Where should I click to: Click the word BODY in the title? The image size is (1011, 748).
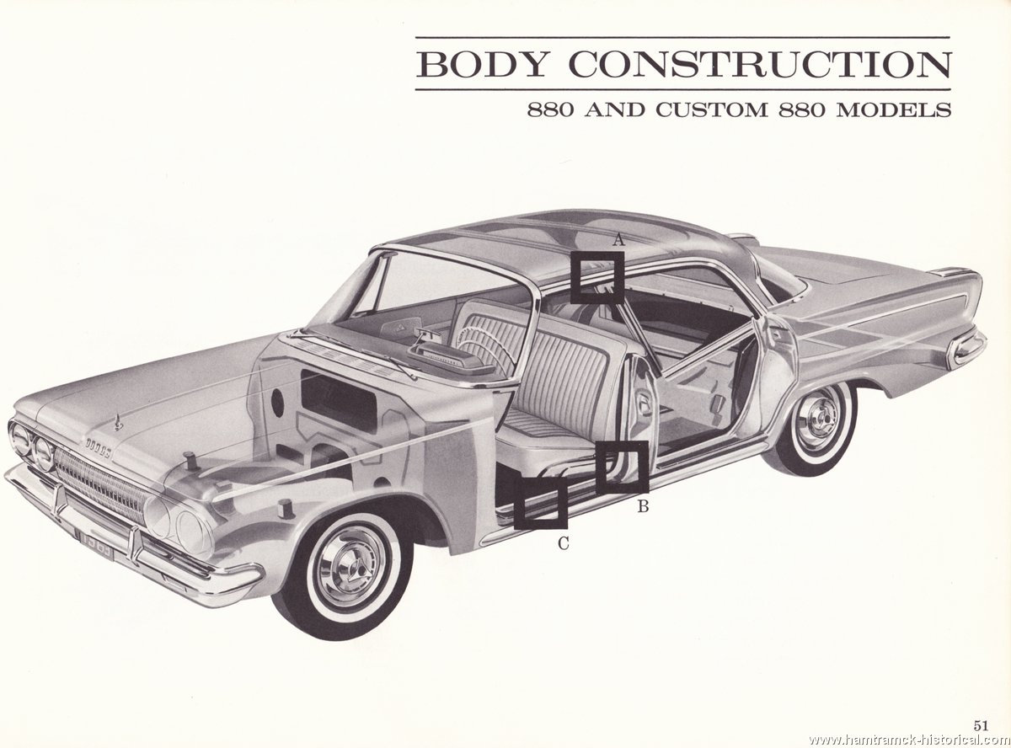pos(482,65)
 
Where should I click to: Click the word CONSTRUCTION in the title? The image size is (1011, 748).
pos(760,65)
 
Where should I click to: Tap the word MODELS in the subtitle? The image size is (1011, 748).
pos(894,110)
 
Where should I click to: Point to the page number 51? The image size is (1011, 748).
pos(981,713)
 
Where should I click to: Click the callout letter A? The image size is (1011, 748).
pos(618,239)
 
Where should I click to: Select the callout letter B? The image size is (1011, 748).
pos(643,506)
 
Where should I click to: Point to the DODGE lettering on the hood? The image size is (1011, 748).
pos(99,448)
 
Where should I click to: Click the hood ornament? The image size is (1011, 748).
pos(119,422)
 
